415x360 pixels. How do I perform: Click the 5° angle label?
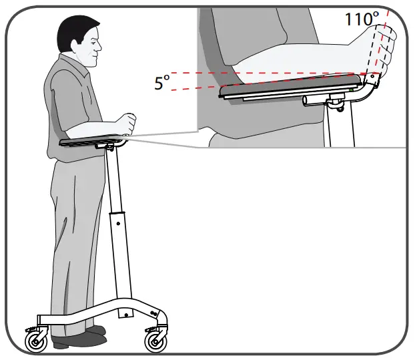[162, 83]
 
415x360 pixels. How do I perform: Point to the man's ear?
[80, 46]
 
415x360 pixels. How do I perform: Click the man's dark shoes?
[80, 337]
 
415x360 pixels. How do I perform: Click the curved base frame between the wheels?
[100, 314]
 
